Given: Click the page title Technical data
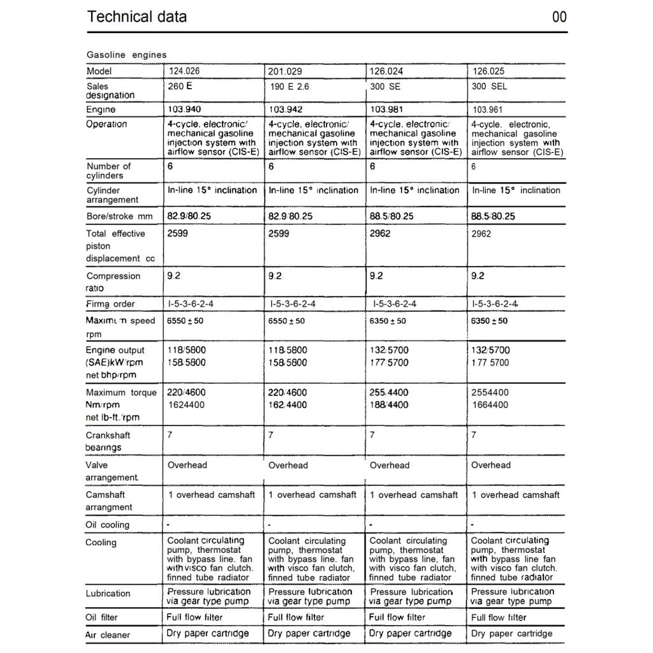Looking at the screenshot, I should (x=136, y=17).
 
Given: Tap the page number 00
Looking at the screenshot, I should (x=559, y=17).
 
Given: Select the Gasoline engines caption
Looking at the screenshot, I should (x=126, y=55).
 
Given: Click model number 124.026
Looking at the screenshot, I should (x=184, y=71).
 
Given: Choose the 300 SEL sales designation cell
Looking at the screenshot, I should (x=489, y=86).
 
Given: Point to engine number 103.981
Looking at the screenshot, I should (x=386, y=110).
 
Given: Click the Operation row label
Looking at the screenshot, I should (x=106, y=124).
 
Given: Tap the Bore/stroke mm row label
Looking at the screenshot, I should (x=119, y=216).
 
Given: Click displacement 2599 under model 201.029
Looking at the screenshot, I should (x=279, y=234).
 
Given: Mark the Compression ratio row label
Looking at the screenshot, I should (x=113, y=282).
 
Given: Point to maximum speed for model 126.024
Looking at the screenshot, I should (x=387, y=321).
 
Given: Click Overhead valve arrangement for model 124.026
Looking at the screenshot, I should (x=187, y=466).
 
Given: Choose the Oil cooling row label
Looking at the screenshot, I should (x=107, y=525).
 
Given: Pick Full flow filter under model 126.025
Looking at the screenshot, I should (x=499, y=617).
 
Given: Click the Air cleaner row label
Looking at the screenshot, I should (x=108, y=635).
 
